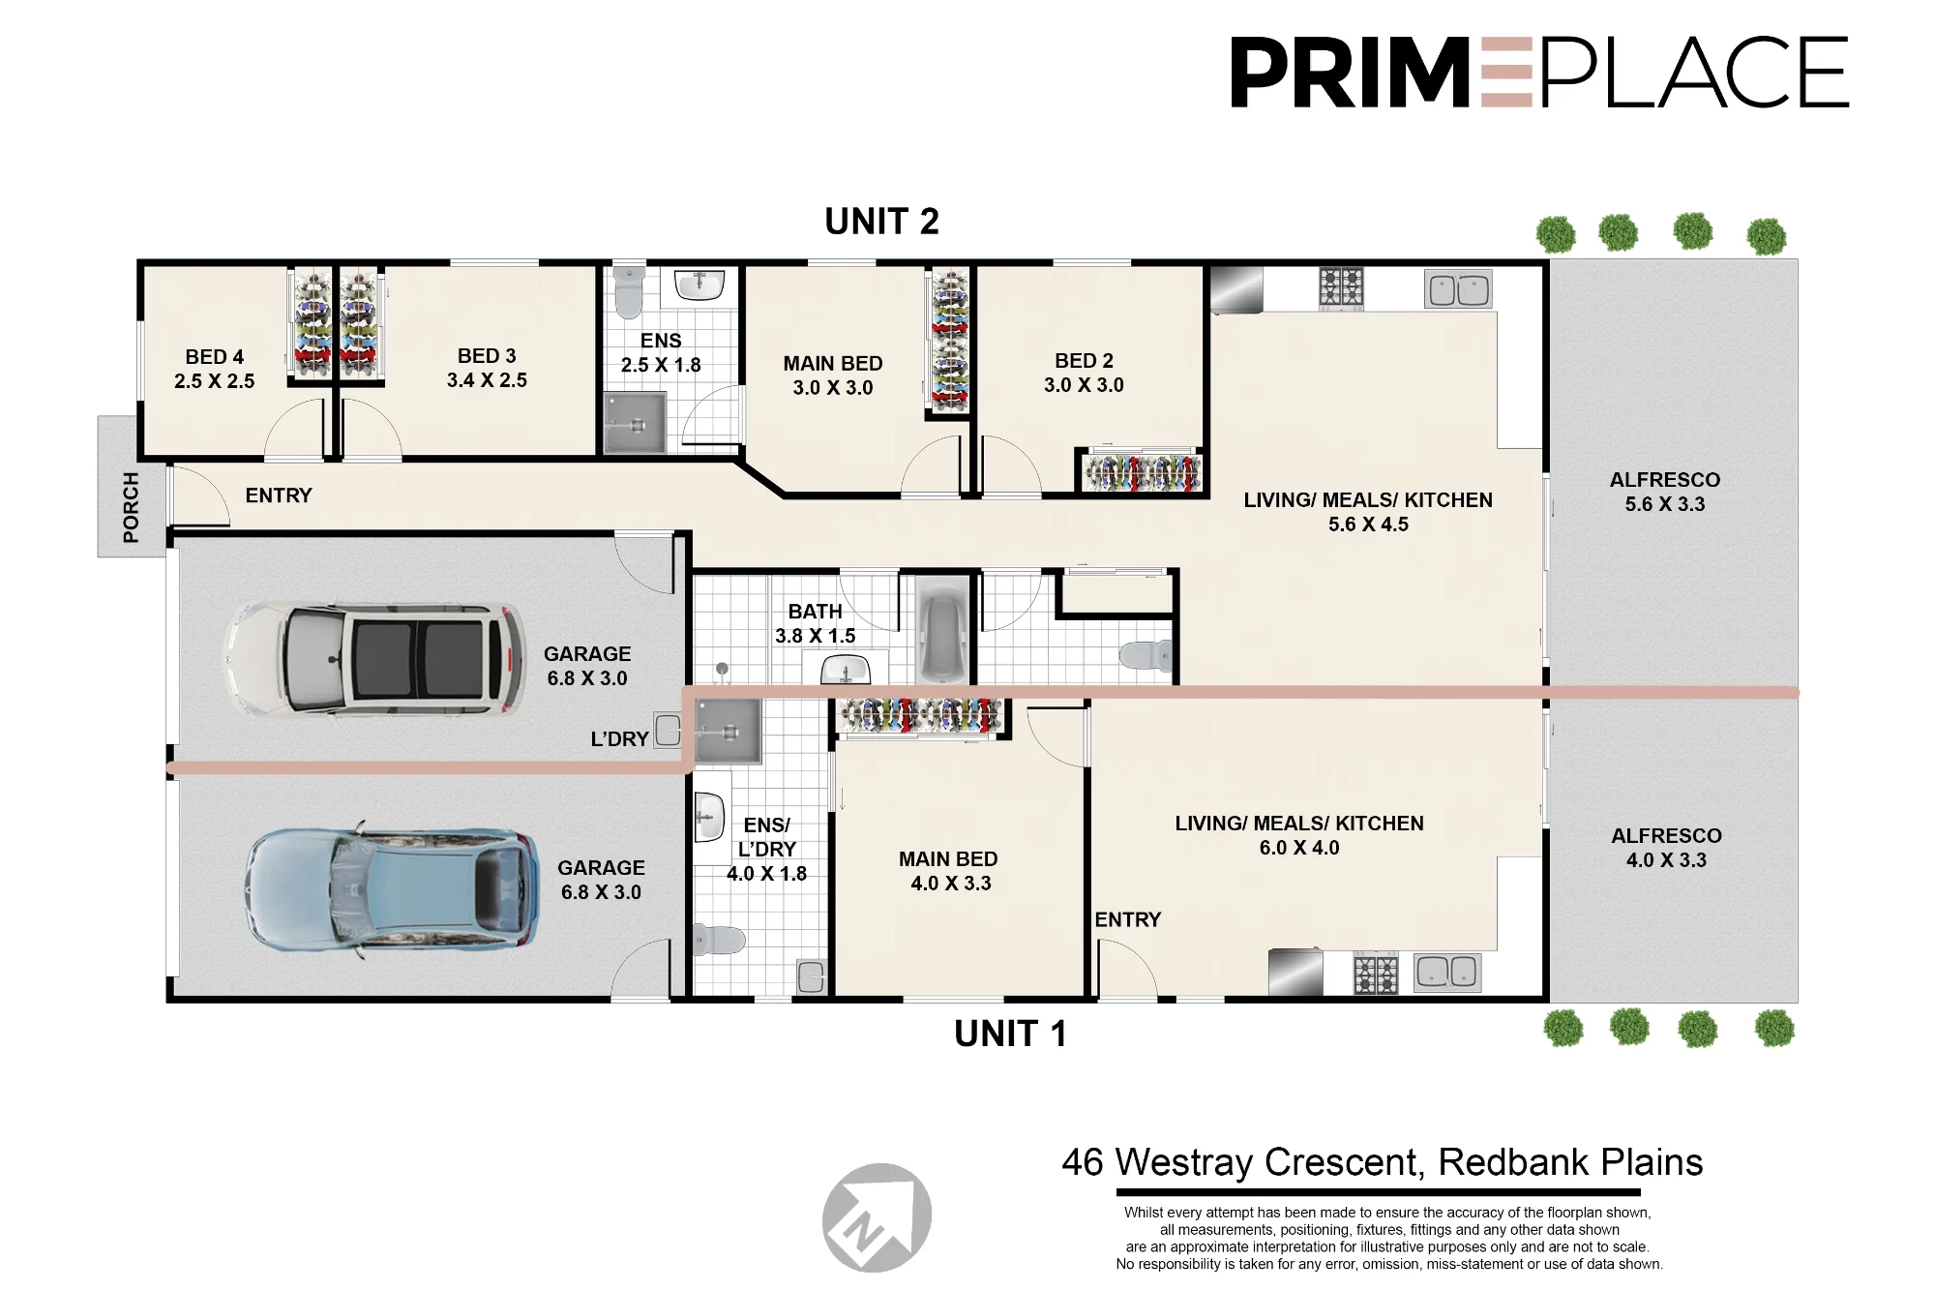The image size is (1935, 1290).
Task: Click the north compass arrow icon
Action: pyautogui.click(x=877, y=1217)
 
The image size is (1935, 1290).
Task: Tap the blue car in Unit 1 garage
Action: pyautogui.click(x=392, y=889)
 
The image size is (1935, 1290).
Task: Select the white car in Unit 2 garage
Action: pyautogui.click(x=374, y=659)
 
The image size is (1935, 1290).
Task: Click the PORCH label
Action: pyautogui.click(x=131, y=507)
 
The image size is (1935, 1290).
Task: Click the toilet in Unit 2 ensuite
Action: pyautogui.click(x=629, y=291)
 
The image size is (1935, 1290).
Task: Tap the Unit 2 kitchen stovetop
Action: pyautogui.click(x=1341, y=287)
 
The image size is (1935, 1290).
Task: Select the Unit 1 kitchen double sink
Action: pyautogui.click(x=1447, y=973)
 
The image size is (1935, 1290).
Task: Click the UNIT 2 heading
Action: pyautogui.click(x=881, y=222)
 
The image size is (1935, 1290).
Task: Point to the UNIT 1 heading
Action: pyautogui.click(x=1010, y=1034)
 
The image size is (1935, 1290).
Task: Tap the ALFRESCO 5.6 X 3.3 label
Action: pyautogui.click(x=1665, y=492)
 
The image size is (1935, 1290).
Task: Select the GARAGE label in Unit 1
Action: pyautogui.click(x=601, y=868)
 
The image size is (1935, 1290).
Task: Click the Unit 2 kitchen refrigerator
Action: pyautogui.click(x=1236, y=289)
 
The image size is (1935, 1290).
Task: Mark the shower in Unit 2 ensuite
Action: pyautogui.click(x=635, y=423)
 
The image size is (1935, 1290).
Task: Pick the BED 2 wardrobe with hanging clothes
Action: pyautogui.click(x=1142, y=471)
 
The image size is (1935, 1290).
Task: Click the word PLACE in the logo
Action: pyautogui.click(x=1694, y=73)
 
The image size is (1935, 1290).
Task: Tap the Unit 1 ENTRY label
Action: pyautogui.click(x=1128, y=919)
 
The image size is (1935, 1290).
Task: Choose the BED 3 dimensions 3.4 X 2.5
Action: pyautogui.click(x=487, y=380)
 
